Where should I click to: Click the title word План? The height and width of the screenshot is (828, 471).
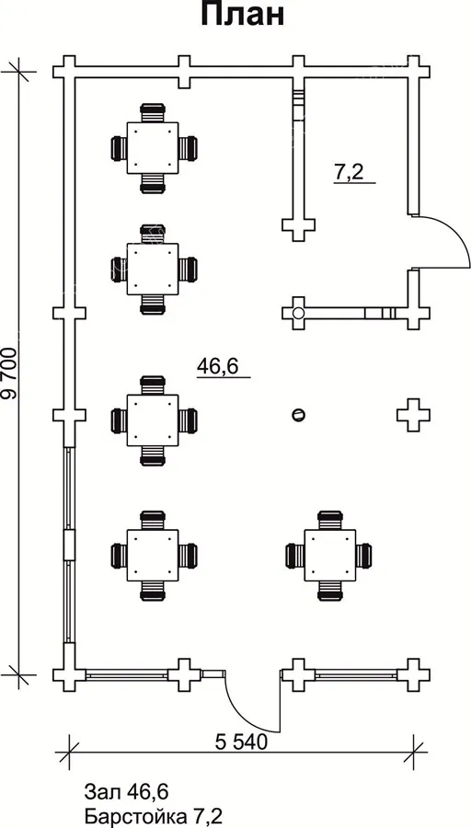242,14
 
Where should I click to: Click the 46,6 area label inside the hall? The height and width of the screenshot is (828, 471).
217,366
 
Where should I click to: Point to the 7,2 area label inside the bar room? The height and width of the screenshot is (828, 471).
349,172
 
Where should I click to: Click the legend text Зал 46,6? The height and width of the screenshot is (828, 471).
126,792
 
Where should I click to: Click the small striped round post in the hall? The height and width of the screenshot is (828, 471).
298,415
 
